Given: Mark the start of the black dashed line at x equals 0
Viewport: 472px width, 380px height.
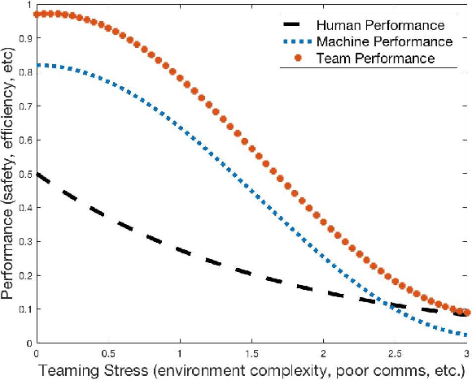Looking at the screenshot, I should [x=37, y=175].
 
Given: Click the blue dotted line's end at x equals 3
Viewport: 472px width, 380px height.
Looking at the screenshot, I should [x=466, y=335].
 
